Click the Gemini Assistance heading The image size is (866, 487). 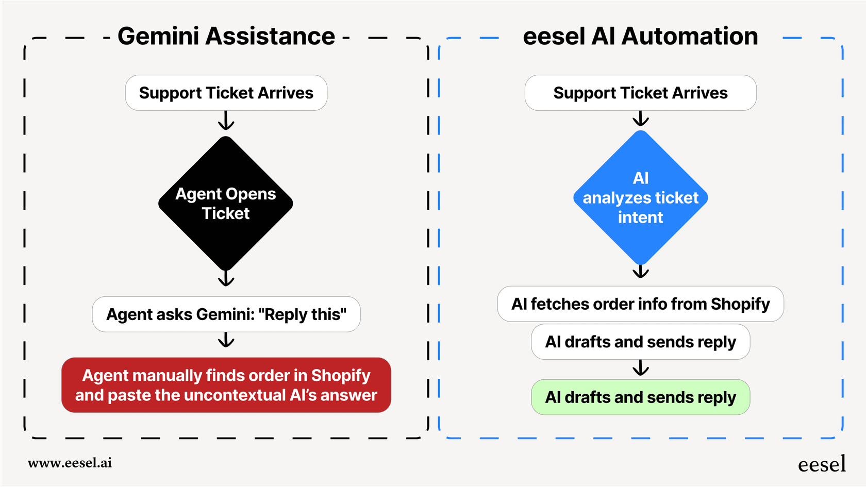(226, 37)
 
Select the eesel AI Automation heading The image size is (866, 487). (640, 37)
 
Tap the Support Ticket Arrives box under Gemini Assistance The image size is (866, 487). (226, 93)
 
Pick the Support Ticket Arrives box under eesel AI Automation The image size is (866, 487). (640, 93)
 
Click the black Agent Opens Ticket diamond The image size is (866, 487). (226, 203)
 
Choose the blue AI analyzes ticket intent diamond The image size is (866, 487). (640, 197)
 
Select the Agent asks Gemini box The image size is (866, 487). (226, 314)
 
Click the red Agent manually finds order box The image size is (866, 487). (226, 385)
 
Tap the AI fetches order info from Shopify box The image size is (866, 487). (640, 304)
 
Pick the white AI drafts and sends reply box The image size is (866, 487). (640, 342)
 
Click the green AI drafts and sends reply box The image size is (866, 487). (640, 397)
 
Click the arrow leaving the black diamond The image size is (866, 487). (226, 279)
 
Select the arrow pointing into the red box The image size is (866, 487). (226, 340)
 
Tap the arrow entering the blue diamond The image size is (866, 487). (641, 119)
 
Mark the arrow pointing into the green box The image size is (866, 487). (641, 368)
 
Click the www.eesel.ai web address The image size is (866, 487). (70, 463)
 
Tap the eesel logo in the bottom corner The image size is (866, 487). (822, 464)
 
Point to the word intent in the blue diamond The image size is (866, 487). (640, 217)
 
